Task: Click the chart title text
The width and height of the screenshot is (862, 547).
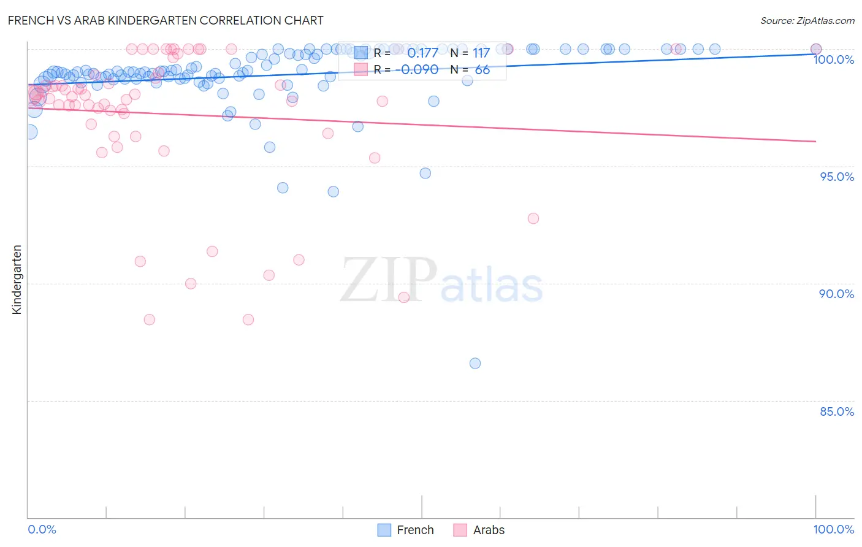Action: (x=166, y=20)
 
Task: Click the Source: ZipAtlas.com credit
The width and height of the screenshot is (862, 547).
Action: (x=807, y=20)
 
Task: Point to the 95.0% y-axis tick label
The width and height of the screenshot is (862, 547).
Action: (x=836, y=177)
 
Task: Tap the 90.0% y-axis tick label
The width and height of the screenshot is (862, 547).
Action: (x=836, y=294)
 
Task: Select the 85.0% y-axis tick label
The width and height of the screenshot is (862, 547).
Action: (x=836, y=411)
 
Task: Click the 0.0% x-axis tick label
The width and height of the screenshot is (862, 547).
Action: (x=42, y=529)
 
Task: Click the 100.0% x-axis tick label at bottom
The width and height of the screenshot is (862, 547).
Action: (x=833, y=529)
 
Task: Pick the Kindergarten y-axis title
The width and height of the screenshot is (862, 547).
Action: (x=17, y=280)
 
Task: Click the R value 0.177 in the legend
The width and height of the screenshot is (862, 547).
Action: (x=422, y=53)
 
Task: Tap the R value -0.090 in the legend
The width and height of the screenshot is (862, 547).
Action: (x=417, y=70)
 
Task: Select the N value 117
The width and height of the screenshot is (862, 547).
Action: (x=481, y=53)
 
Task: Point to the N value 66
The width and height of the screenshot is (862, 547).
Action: (x=482, y=70)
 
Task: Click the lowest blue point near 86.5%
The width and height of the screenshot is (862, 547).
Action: (x=475, y=363)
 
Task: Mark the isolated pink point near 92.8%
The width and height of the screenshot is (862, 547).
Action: (x=533, y=218)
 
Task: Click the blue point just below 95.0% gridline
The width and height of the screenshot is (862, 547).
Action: (x=425, y=174)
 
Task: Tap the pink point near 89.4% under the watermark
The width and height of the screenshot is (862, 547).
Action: (x=404, y=297)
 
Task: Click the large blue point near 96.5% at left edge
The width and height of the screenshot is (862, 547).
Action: (x=29, y=132)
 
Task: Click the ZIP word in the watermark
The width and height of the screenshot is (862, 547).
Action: (x=389, y=281)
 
